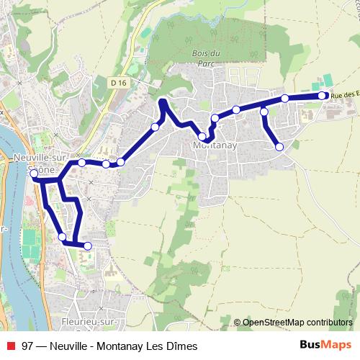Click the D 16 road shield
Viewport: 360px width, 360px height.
pyautogui.click(x=119, y=84)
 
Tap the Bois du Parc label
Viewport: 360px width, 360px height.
pyautogui.click(x=206, y=58)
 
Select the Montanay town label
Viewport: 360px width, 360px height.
pyautogui.click(x=211, y=145)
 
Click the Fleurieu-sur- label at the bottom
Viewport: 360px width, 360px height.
pyautogui.click(x=91, y=321)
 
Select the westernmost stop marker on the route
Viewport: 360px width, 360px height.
pyautogui.click(x=34, y=174)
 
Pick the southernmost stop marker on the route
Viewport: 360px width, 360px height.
pyautogui.click(x=88, y=246)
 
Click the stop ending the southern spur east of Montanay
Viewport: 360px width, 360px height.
pyautogui.click(x=279, y=147)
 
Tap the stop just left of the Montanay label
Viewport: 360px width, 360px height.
pyautogui.click(x=202, y=136)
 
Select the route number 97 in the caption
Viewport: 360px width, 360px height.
pyautogui.click(x=28, y=346)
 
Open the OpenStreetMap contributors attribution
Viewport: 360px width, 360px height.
pyautogui.click(x=297, y=322)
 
